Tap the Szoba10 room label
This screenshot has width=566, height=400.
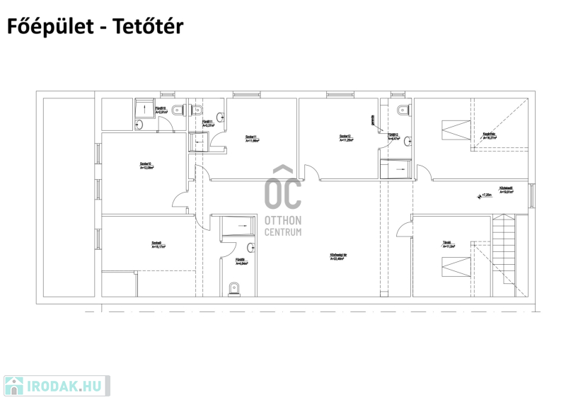pyautogui.click(x=146, y=166)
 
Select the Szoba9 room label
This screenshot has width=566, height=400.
pyautogui.click(x=158, y=244)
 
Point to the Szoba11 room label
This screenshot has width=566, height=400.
pyautogui.click(x=252, y=138)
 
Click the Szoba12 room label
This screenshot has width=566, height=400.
pyautogui.click(x=346, y=138)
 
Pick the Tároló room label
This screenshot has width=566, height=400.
pyautogui.click(x=449, y=244)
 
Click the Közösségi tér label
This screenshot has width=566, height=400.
pyautogui.click(x=337, y=256)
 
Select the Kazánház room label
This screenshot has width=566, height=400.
pyautogui.click(x=489, y=135)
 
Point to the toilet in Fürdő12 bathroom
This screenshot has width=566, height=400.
pyautogui.click(x=403, y=108)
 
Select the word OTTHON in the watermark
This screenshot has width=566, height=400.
pyautogui.click(x=282, y=220)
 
